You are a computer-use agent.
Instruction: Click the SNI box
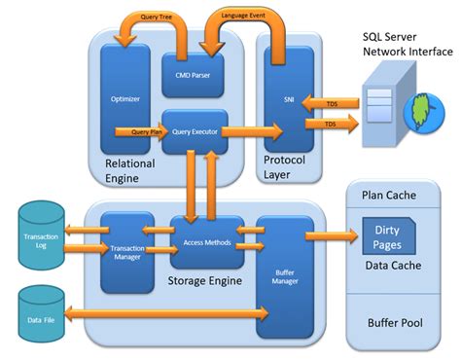pyautogui.click(x=289, y=98)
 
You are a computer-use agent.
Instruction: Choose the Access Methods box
pyautogui.click(x=206, y=241)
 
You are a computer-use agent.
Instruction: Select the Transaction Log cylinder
pyautogui.click(x=38, y=236)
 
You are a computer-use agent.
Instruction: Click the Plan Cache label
pyautogui.click(x=389, y=195)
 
